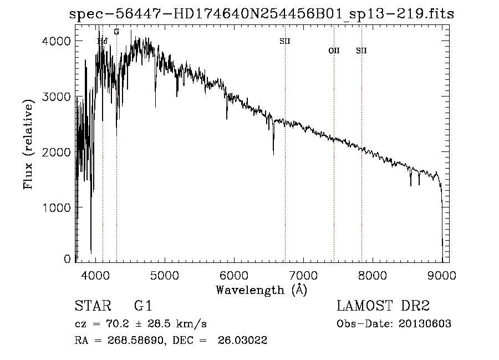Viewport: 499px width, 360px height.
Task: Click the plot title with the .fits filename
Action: [262, 14]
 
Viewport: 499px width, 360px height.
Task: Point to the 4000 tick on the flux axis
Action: [58, 41]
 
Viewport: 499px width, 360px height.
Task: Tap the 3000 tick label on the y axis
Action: [58, 97]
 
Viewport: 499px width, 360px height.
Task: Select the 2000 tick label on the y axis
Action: [58, 152]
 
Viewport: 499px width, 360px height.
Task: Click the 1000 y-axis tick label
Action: [58, 207]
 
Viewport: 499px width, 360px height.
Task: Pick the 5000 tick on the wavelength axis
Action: [165, 274]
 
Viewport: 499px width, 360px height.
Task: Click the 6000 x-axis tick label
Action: [234, 274]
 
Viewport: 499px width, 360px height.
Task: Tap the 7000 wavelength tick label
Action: [303, 274]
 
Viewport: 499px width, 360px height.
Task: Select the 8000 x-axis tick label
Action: [373, 274]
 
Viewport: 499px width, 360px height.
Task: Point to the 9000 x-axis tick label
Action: [442, 274]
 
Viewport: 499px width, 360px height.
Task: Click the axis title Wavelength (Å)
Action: [261, 290]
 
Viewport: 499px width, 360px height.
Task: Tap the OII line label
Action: [334, 50]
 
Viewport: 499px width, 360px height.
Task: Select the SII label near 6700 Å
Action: [285, 40]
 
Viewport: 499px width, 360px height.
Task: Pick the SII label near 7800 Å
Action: [361, 50]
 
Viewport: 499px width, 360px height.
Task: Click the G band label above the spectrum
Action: [116, 32]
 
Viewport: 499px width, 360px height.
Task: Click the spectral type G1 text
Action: [143, 306]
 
